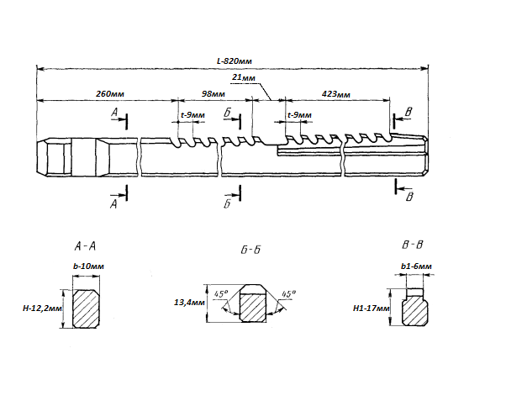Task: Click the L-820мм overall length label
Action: click(x=235, y=61)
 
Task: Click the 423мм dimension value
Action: click(x=337, y=94)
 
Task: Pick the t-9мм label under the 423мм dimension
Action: click(x=299, y=115)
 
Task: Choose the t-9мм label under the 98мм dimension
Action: click(x=192, y=115)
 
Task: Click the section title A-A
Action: click(x=85, y=246)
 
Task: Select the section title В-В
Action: click(x=412, y=245)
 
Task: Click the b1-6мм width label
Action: click(x=417, y=266)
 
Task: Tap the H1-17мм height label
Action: click(x=372, y=308)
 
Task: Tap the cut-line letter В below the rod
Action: click(x=409, y=198)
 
